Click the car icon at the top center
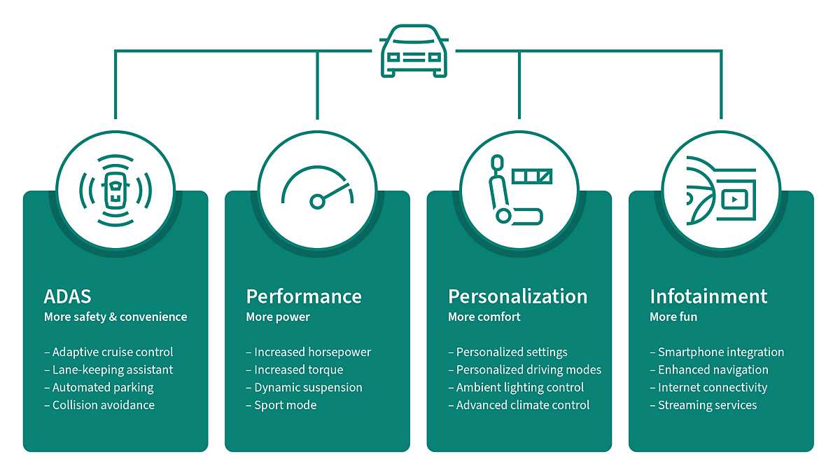click(x=413, y=51)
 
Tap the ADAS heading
click(x=68, y=296)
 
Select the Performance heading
click(x=304, y=296)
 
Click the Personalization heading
click(x=517, y=296)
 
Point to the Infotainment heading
click(x=708, y=296)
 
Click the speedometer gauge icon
click(x=318, y=190)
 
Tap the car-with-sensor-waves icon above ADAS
click(x=115, y=190)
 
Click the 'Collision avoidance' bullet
click(x=103, y=405)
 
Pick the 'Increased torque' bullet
click(x=298, y=369)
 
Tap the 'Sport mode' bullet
click(x=285, y=405)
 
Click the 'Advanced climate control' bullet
click(x=522, y=405)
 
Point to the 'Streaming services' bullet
click(x=707, y=405)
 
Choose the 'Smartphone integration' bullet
click(x=720, y=352)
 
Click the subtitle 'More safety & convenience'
click(x=115, y=317)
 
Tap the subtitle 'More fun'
click(x=673, y=317)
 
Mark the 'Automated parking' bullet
click(x=102, y=388)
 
